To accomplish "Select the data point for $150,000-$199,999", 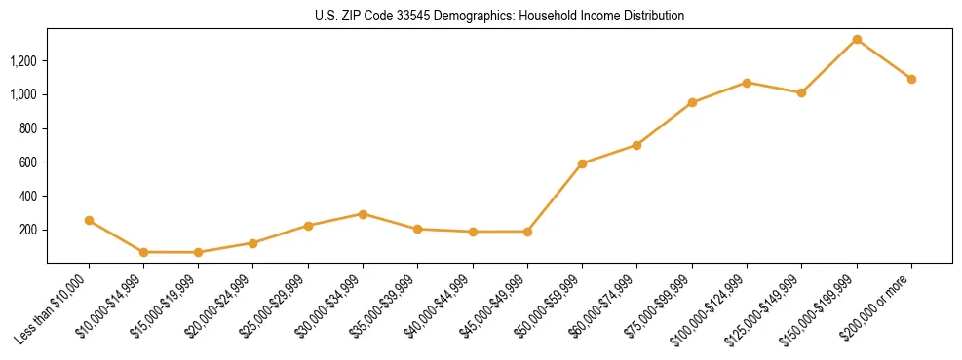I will [x=857, y=40].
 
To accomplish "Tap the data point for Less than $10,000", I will [x=89, y=221].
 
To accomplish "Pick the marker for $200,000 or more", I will [x=911, y=79].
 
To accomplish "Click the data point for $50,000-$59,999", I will [x=582, y=163].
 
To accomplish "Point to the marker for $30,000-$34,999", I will [x=363, y=214].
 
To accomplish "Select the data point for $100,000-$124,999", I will [x=747, y=83].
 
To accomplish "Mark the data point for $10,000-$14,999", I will [x=143, y=252].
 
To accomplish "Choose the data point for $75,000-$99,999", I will [x=692, y=102].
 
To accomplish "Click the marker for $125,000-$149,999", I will [x=801, y=92].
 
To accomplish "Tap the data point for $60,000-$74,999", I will [x=636, y=145].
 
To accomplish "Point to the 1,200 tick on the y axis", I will [x=23, y=61].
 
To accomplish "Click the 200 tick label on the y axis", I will [x=29, y=230].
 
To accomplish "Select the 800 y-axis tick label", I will [x=29, y=128].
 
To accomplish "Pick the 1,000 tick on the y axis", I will [x=23, y=94].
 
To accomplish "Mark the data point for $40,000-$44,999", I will [x=473, y=232].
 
